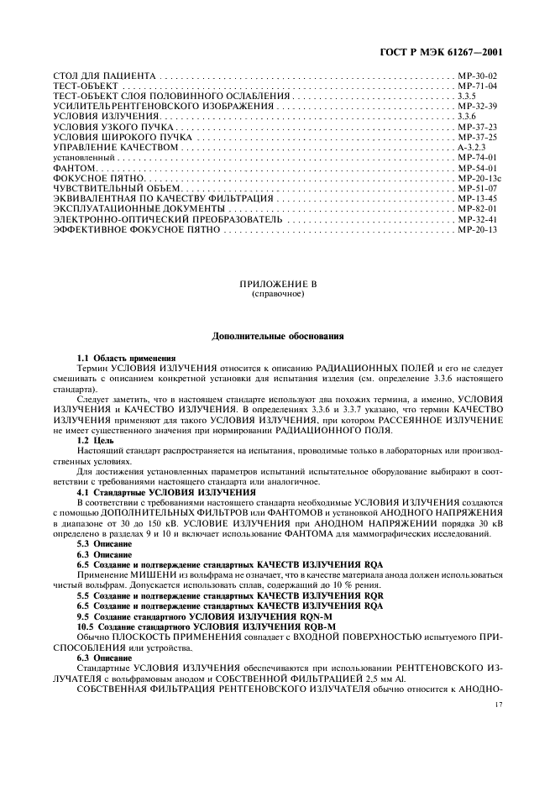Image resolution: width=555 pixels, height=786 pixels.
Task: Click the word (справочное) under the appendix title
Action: pyautogui.click(x=276, y=296)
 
